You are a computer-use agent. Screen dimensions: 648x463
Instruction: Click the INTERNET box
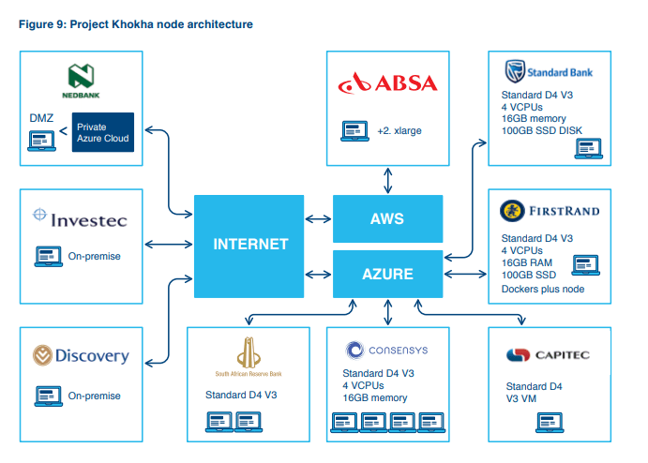(249, 246)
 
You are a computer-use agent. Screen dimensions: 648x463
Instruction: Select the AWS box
(387, 218)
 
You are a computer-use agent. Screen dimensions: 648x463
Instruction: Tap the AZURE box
(387, 274)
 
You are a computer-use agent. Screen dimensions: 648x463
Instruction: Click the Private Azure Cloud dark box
(103, 132)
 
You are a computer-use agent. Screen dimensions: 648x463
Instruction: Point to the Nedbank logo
(81, 81)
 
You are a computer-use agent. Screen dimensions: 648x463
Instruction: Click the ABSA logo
(387, 82)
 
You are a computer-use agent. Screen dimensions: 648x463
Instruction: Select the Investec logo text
(89, 220)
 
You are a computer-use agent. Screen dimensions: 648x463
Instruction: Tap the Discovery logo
(81, 355)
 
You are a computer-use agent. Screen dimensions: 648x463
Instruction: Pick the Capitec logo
(548, 355)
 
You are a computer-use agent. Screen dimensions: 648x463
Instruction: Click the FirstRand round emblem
(512, 211)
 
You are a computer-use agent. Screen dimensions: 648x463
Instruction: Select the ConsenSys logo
(386, 351)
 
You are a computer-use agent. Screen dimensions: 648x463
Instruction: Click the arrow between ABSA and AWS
(387, 181)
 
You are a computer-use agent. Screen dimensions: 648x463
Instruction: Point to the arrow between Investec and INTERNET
(169, 245)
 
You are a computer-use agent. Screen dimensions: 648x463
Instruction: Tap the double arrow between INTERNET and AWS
(318, 219)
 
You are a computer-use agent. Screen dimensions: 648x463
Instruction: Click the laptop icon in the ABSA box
(354, 131)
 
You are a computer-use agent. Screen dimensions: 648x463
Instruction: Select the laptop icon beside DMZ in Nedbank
(42, 141)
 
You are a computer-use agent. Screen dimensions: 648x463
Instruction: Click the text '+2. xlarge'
(399, 131)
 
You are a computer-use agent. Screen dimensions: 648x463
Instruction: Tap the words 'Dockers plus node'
(543, 289)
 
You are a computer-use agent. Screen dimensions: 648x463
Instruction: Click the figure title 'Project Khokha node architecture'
(161, 24)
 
